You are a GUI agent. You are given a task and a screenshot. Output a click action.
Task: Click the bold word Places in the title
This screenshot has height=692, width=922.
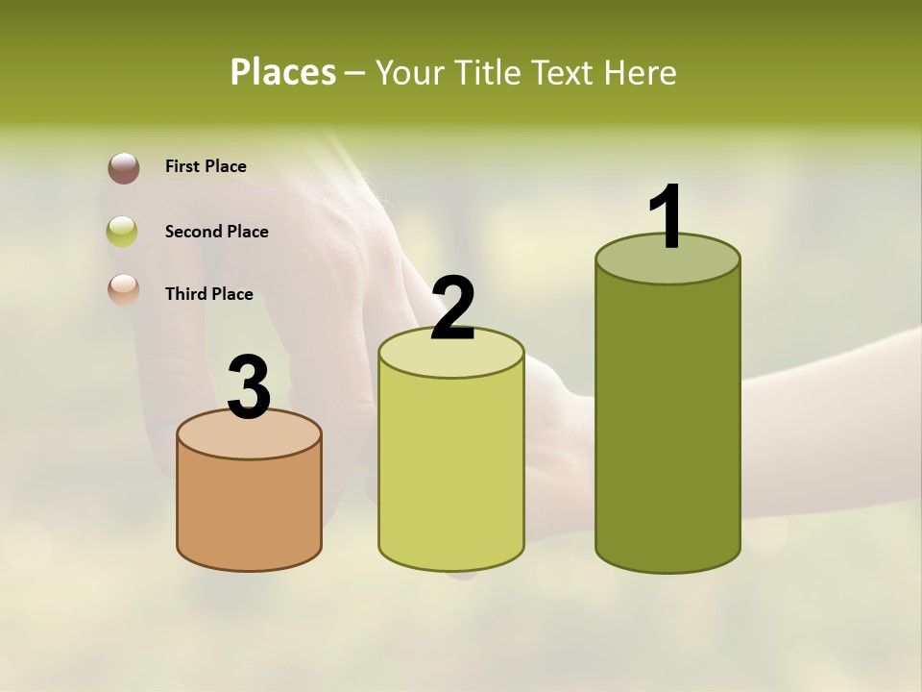pos(282,72)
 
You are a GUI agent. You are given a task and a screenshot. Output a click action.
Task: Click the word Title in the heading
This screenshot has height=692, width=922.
pos(490,72)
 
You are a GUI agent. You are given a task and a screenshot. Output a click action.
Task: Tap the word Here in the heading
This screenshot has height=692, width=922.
pos(639,72)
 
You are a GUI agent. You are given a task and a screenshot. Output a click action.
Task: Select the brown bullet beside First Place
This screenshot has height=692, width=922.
pos(123,167)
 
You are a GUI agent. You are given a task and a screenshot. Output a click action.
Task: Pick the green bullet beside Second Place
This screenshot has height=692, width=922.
pos(123,231)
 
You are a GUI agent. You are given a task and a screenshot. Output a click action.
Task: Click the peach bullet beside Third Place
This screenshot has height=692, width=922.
pos(123,289)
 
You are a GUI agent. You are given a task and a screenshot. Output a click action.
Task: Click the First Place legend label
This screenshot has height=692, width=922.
pos(206,166)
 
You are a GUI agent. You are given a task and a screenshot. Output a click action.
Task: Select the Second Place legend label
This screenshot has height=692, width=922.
pos(216,232)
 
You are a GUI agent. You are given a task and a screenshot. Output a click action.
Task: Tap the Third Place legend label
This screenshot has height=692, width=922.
pos(209,294)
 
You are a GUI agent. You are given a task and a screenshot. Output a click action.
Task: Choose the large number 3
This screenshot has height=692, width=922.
pos(249,388)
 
